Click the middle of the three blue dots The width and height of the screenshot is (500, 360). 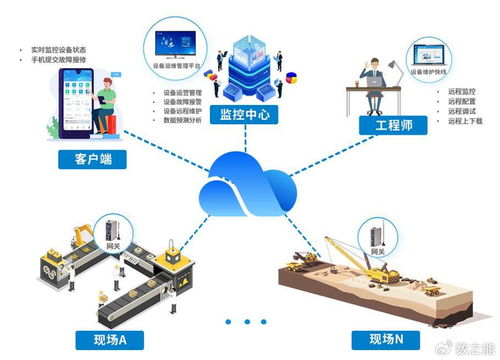(x=242, y=321)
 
